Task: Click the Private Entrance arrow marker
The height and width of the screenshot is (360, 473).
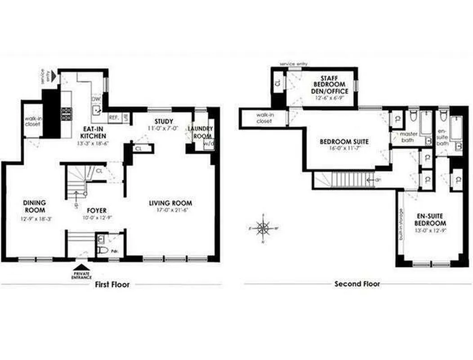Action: tap(81, 268)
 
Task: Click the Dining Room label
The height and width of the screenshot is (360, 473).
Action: tap(34, 207)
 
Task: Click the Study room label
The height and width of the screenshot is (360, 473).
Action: tap(164, 121)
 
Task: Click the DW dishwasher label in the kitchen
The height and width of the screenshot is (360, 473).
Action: tap(95, 99)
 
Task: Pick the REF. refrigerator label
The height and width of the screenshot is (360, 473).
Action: tap(114, 117)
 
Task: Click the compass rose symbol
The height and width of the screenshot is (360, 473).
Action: tap(263, 228)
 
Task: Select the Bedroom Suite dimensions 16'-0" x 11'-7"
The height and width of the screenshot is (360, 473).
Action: tap(344, 148)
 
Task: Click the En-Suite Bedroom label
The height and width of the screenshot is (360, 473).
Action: tap(430, 220)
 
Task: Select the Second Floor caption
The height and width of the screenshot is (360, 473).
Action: tap(357, 284)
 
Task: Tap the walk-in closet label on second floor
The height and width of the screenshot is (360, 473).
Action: tap(264, 118)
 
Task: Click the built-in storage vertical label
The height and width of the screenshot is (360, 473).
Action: tap(401, 224)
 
